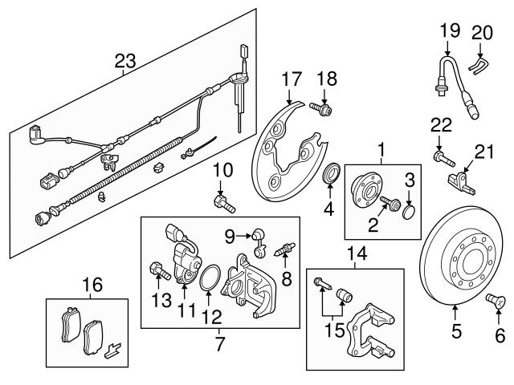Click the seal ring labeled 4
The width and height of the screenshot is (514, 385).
point(330,175)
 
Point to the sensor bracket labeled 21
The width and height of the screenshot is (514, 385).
point(461,178)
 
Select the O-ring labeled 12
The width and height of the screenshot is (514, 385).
point(209,278)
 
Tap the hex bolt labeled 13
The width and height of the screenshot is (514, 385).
point(157,271)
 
